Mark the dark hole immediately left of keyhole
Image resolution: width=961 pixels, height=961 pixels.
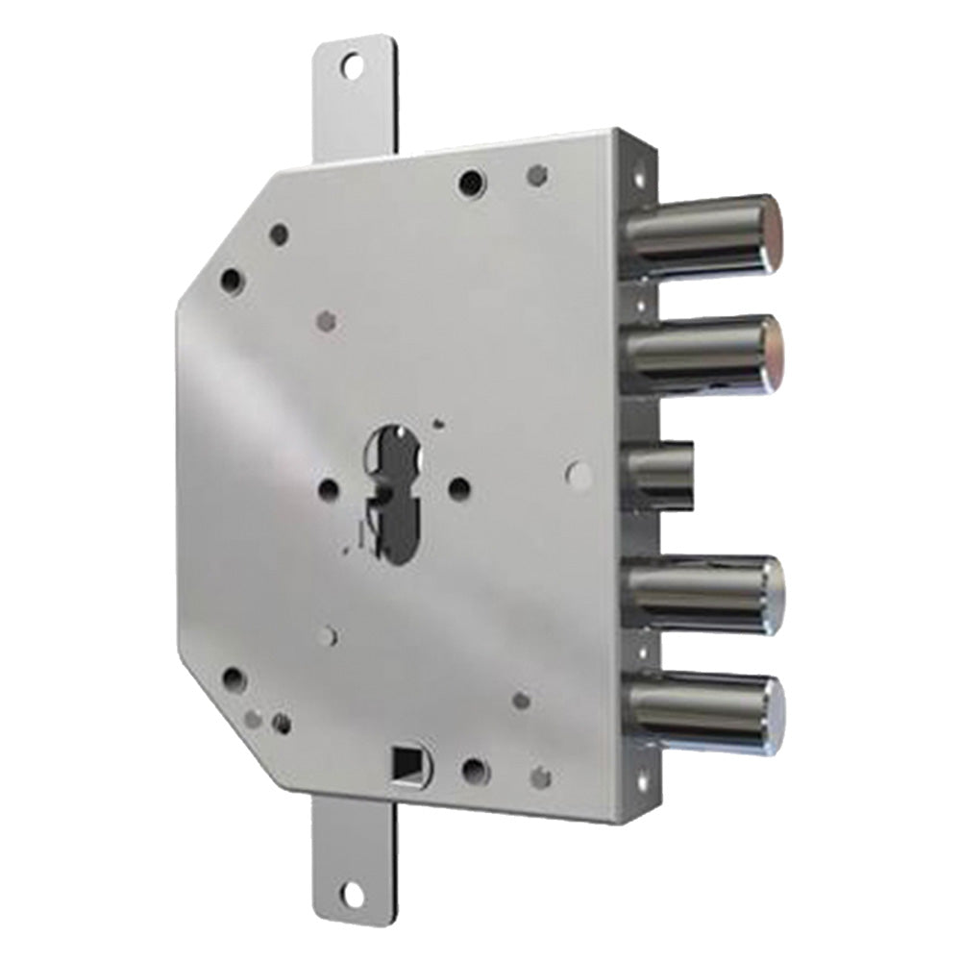point(329,488)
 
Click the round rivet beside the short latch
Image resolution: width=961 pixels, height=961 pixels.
point(579,473)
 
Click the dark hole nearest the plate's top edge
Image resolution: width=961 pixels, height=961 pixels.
point(470,180)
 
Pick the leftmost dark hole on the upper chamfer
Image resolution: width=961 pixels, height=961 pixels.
point(231,280)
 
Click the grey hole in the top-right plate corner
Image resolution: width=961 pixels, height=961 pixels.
point(538,175)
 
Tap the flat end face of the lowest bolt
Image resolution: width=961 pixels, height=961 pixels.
point(775,713)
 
